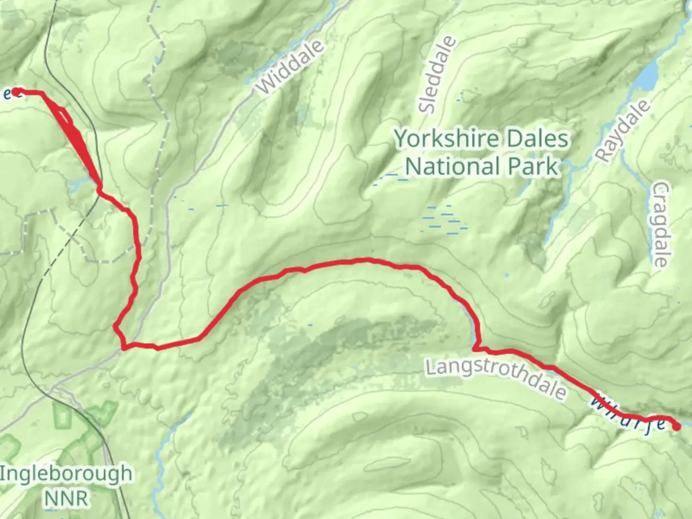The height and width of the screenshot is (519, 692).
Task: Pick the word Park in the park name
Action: coord(533,166)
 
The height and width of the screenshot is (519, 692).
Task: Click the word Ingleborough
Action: coord(66,474)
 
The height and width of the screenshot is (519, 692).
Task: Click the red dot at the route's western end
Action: coord(16,91)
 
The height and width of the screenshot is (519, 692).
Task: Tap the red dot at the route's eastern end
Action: coord(676,426)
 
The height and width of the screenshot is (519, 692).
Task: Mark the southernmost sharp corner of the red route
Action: coord(124,347)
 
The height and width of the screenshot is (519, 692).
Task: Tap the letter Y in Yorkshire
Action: coord(402,139)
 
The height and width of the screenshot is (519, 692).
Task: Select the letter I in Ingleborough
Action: coord(3,473)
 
